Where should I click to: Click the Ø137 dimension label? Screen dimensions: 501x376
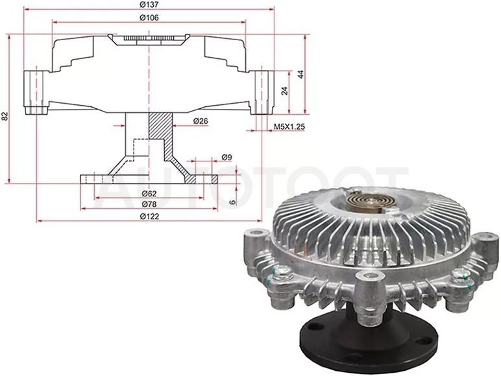[x=149, y=5]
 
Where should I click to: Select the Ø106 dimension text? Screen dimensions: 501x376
[x=149, y=18]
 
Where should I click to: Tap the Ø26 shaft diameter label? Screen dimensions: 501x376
[x=201, y=121]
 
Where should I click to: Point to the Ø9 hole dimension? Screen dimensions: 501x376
[x=226, y=157]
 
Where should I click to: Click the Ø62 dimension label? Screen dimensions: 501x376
[x=149, y=193]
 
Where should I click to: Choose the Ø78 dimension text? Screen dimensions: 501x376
[x=149, y=204]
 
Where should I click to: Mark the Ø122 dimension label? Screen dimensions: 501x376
[x=149, y=217]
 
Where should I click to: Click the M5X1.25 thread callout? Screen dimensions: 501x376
[x=289, y=126]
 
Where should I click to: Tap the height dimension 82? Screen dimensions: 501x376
[x=5, y=116]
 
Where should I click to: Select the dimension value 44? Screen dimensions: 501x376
[x=300, y=74]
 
